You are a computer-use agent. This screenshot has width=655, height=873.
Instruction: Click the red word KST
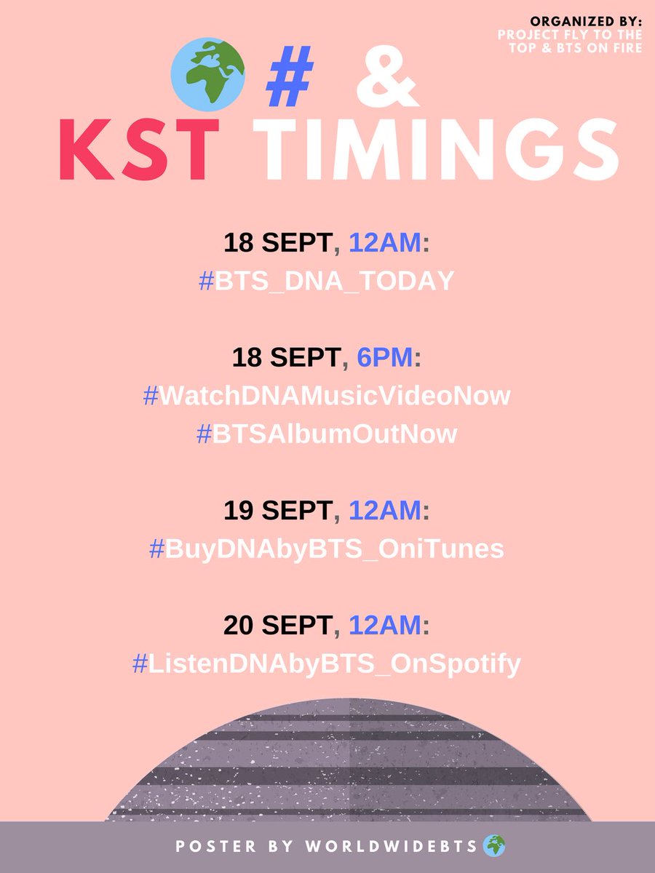tap(138, 154)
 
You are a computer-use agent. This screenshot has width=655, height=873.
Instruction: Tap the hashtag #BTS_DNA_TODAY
tap(326, 281)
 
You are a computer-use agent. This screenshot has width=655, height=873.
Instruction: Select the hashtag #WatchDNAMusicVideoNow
tap(327, 396)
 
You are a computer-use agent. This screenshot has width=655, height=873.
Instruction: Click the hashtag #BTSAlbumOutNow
tap(327, 434)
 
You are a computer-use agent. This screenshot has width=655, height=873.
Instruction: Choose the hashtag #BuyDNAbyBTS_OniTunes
tap(326, 549)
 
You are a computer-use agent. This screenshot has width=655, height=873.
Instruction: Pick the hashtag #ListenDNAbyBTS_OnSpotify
tap(326, 663)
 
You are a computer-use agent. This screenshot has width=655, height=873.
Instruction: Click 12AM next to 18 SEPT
tap(385, 243)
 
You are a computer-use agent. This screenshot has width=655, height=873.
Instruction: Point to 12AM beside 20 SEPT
tap(385, 626)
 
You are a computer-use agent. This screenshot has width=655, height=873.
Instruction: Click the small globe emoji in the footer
tap(493, 846)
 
